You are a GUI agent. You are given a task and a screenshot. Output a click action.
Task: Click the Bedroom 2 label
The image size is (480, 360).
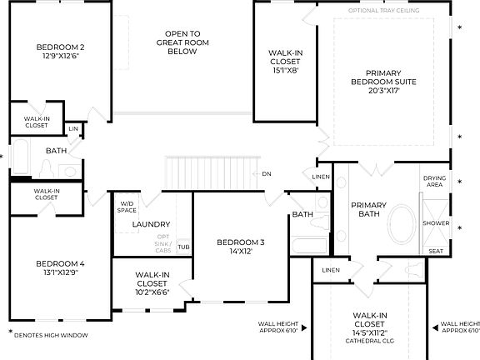tap(60, 47)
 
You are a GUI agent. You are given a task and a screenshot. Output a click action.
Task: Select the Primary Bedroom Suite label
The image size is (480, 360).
tap(383, 82)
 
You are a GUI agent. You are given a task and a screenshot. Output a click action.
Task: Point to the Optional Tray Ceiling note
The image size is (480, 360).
tap(383, 10)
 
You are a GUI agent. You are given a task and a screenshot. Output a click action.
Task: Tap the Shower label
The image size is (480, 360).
tap(436, 223)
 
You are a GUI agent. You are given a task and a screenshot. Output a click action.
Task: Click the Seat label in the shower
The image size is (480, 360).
tap(435, 251)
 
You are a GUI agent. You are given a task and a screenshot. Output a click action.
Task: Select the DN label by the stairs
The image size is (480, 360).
tap(267, 174)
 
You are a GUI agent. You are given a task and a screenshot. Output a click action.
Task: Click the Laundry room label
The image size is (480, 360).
tap(152, 224)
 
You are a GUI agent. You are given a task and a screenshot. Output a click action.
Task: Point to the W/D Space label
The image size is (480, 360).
tap(127, 207)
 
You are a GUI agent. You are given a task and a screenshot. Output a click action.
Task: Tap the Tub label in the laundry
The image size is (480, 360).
tap(183, 247)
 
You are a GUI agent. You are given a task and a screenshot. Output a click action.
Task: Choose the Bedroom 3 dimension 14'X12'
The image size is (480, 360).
tap(240, 252)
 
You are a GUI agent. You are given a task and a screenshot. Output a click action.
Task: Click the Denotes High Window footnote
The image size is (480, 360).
tap(52, 335)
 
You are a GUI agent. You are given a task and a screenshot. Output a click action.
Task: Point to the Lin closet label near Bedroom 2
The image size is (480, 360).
tap(73, 128)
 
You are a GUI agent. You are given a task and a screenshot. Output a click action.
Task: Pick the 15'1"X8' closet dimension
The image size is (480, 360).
tap(285, 70)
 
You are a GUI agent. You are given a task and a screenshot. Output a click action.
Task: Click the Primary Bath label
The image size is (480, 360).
tap(367, 210)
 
